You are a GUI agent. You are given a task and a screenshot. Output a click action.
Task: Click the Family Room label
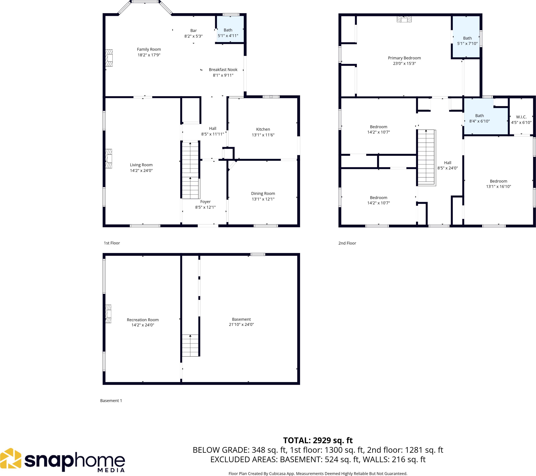coord(149,49)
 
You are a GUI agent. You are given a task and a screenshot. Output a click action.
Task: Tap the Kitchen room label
coord(263,129)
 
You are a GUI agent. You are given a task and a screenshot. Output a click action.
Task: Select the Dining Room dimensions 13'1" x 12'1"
coord(263,199)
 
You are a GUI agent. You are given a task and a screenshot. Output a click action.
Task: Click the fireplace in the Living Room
coord(109,158)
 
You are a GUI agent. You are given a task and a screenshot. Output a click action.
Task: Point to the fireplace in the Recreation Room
coord(108,314)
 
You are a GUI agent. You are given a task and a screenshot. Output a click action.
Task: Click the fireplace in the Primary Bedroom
coord(404,19)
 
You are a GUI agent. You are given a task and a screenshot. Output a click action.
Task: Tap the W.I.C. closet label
coord(521,117)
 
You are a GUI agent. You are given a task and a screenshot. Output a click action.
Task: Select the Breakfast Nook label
coord(223,69)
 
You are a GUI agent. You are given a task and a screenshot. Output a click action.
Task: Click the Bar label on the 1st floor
coord(194,31)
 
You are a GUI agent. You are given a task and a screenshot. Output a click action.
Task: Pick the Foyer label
coord(205,202)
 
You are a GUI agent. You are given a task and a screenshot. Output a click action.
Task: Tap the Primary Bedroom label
coord(404,58)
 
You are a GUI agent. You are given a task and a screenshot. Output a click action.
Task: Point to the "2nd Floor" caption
coord(347,243)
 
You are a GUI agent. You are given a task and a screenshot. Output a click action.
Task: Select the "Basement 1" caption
coord(111,401)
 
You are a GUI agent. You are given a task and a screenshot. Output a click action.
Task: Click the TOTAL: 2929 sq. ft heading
coord(318,440)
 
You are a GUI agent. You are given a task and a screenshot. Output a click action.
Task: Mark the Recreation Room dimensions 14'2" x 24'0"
coord(143,325)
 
